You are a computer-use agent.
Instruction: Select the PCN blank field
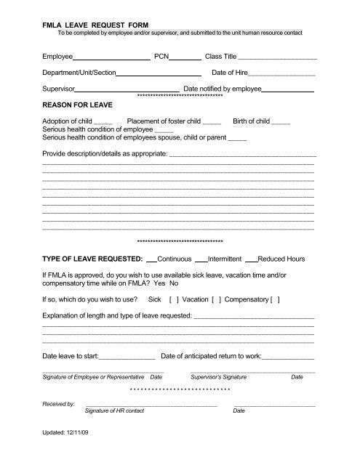(185, 56)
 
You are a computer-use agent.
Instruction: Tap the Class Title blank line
(277, 56)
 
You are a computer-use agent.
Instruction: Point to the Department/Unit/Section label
(79, 73)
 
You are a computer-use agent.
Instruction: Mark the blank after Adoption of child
(103, 121)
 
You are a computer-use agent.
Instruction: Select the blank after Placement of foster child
(212, 121)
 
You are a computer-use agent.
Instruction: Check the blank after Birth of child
(280, 121)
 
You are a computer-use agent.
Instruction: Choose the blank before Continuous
(151, 259)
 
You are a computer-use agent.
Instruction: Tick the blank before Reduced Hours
(251, 259)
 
